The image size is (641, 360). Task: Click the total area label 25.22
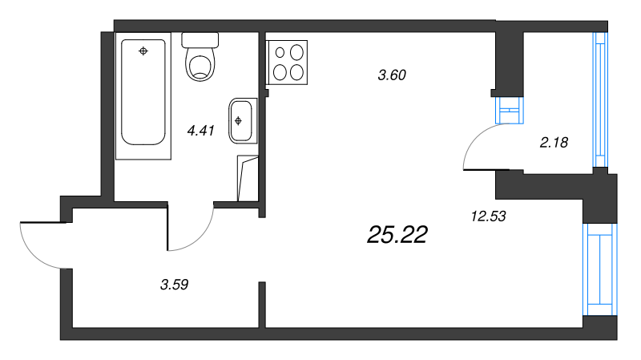coord(397,235)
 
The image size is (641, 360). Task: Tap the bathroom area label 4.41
coord(201,131)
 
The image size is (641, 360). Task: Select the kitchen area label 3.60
coord(392,75)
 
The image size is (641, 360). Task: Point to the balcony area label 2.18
coord(554,143)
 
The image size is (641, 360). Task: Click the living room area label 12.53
coord(489,216)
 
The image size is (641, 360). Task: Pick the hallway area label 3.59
coord(175,285)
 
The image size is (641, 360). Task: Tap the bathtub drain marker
coord(143,51)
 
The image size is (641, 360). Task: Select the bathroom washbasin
coord(243,121)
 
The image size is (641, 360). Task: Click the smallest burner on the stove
coord(280,52)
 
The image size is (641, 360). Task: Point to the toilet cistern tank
coord(200,40)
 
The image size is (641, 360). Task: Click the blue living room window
coord(599,269)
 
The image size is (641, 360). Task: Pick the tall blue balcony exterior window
coord(600,99)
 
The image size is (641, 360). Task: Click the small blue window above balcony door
coord(509,110)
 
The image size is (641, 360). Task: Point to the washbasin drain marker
coord(238,121)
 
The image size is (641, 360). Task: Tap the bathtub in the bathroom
coord(143,95)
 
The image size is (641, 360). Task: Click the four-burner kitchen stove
coord(287,63)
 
